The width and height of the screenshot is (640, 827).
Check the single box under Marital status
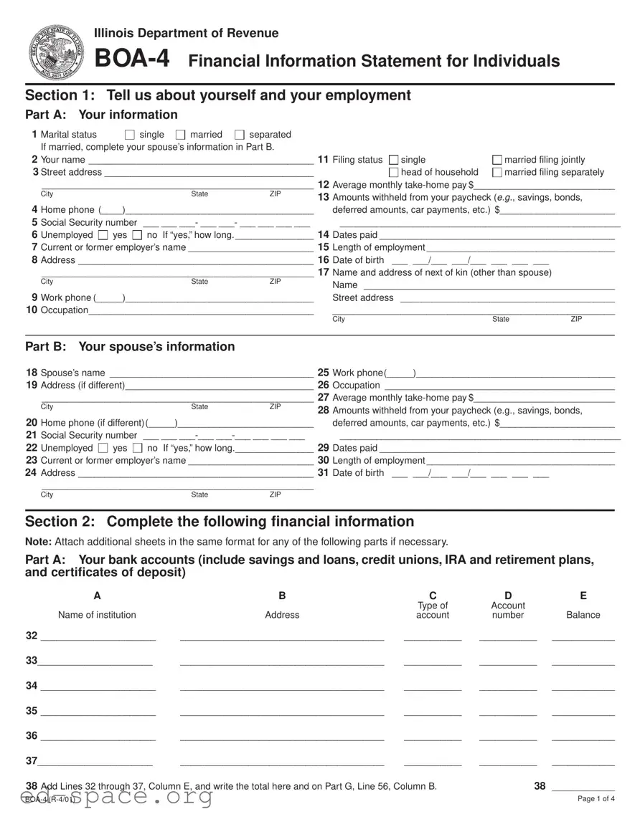[130, 135]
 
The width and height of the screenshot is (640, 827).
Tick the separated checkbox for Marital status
[240, 135]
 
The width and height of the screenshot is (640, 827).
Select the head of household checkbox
[393, 173]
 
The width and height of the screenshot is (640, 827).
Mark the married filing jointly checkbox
[497, 160]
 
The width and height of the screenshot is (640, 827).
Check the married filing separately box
[497, 173]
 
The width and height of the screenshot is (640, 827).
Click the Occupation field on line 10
[201, 311]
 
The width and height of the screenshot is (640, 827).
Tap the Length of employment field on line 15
[520, 248]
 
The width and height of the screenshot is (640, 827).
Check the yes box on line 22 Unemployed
[103, 449]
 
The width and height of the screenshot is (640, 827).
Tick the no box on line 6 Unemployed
[137, 236]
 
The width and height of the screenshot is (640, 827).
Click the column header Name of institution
[97, 615]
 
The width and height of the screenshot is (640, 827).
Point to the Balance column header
[583, 615]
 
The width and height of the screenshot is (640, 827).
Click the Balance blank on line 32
[583, 637]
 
